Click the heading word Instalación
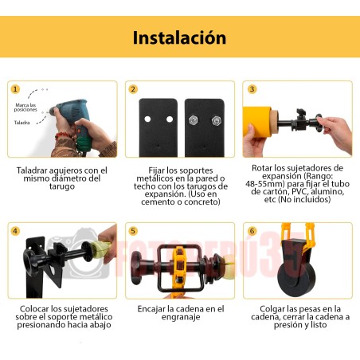[x=179, y=37]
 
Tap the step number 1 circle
[x=14, y=90]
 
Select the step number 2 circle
[x=133, y=90]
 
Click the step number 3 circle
[x=252, y=90]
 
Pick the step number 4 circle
[x=14, y=232]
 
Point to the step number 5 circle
[x=133, y=232]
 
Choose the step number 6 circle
[x=252, y=232]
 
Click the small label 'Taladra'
[x=22, y=124]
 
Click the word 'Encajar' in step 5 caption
[x=152, y=308]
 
